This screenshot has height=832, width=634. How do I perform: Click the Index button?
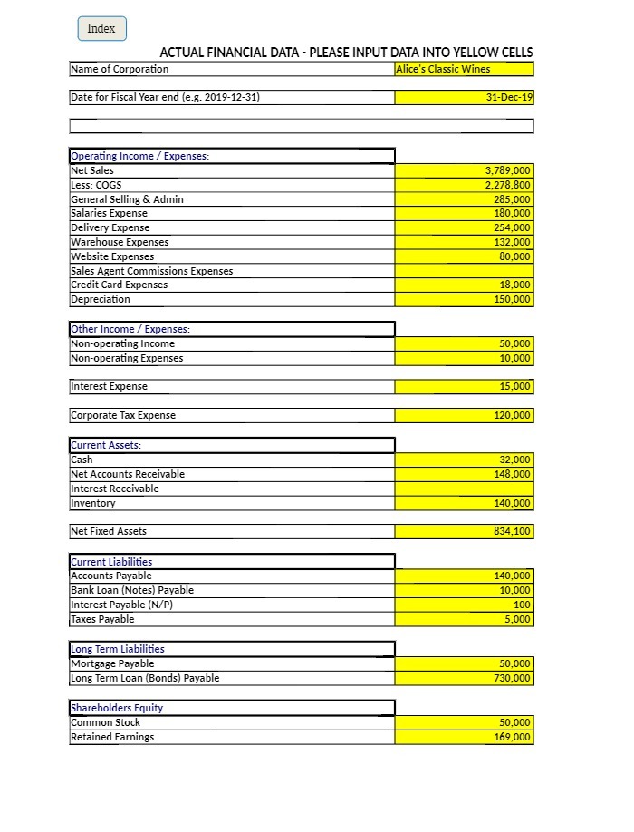pos(101,29)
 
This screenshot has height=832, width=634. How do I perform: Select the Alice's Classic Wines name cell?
pos(464,69)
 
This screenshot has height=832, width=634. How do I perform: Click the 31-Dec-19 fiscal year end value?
pos(464,98)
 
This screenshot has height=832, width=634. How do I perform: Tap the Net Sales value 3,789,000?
pos(464,170)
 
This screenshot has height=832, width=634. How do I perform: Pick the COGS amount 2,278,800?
pos(464,185)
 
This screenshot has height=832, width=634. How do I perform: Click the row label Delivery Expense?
pos(110,227)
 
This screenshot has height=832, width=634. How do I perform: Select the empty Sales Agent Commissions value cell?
pos(464,271)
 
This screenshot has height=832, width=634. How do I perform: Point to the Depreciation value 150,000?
pos(464,299)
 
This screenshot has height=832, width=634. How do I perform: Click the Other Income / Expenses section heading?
pos(130,329)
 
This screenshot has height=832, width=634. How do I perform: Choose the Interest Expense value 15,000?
pos(464,387)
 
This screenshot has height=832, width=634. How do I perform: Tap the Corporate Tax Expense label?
pos(123,415)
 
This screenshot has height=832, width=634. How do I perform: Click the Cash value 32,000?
pos(464,460)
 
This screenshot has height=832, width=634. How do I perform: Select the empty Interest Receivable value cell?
pos(464,489)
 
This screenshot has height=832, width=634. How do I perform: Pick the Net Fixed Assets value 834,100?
pos(464,531)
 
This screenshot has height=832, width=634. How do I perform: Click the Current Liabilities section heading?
pos(111,562)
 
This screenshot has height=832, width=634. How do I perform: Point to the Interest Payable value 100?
pos(464,605)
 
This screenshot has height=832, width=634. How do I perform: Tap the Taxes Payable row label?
pos(102,619)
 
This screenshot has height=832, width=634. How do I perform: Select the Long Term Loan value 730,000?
pos(464,678)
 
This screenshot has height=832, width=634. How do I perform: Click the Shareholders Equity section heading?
pos(117,708)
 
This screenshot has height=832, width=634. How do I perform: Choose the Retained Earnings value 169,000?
pos(464,737)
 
